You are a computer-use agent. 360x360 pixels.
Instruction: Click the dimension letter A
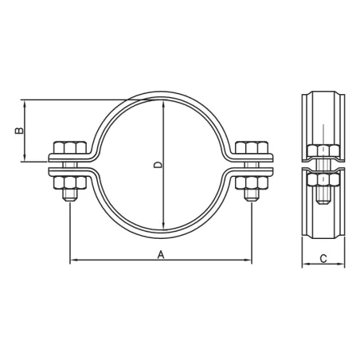point(161,254)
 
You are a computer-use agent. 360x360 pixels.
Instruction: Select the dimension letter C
point(323,258)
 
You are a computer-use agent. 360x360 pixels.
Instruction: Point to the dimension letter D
point(157,166)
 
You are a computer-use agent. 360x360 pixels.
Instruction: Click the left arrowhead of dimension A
point(74,260)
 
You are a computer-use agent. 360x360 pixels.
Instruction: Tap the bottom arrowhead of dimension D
point(163,228)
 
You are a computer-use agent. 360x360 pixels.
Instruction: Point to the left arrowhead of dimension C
point(304,266)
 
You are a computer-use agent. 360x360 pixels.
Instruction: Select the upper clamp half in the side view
point(323,123)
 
